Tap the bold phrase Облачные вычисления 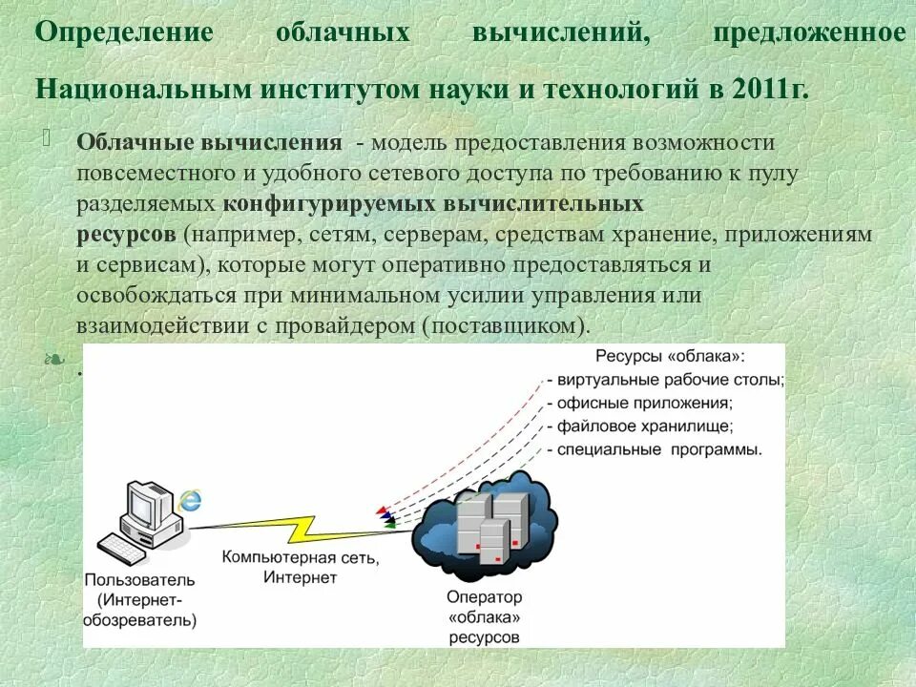pos(210,143)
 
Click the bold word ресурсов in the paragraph pos(126,234)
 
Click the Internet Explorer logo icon pos(191,500)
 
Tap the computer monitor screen pos(150,504)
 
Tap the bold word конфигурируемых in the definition pos(328,204)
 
